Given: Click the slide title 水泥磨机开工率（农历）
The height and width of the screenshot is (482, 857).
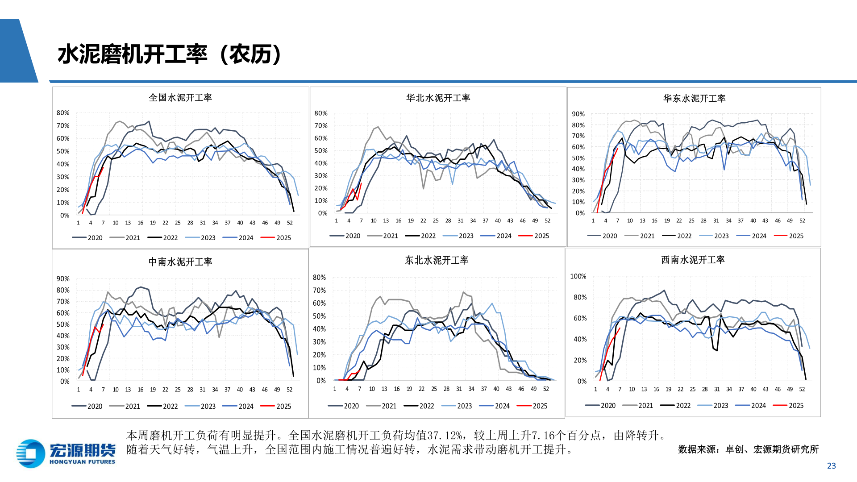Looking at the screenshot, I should click(170, 54).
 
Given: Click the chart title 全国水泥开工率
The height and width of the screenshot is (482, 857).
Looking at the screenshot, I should click(180, 98).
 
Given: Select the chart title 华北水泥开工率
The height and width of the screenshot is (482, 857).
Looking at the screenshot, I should click(438, 98).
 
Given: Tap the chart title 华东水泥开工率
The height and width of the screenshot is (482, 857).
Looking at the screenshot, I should click(694, 98).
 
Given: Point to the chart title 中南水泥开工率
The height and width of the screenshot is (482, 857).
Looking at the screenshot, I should click(180, 262).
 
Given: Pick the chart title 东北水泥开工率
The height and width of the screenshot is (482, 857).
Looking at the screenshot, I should click(437, 260).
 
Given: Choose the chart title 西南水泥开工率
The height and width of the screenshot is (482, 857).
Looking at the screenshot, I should click(693, 260).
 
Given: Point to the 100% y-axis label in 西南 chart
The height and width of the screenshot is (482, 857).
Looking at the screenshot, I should click(578, 277).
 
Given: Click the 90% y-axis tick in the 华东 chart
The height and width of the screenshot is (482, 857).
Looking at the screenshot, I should click(578, 114).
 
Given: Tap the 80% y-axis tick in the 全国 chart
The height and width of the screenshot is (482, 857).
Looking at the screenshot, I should click(63, 113).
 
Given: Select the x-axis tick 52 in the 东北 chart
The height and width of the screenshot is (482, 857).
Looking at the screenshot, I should click(546, 389).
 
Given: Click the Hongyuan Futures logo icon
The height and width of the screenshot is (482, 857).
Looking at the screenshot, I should click(30, 453).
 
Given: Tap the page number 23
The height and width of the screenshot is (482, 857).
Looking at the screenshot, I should click(831, 466).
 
